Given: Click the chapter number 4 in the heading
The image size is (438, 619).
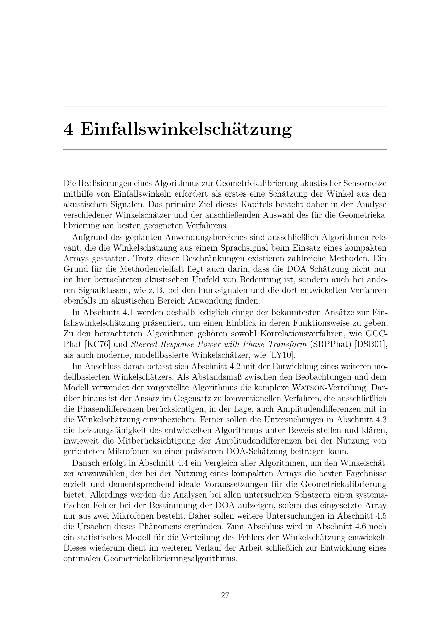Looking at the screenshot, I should pyautogui.click(x=68, y=129).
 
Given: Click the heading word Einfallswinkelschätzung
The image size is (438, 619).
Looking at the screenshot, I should pyautogui.click(x=186, y=130).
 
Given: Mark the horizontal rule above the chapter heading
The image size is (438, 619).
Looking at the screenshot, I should pyautogui.click(x=225, y=106).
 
